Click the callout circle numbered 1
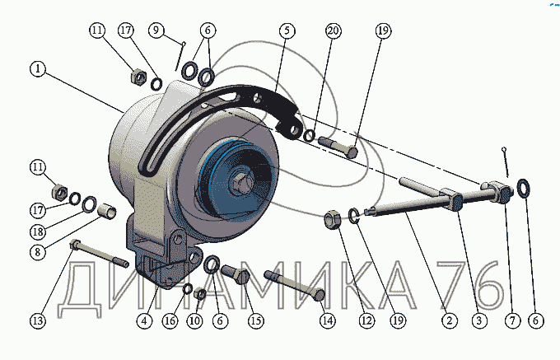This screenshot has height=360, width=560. [38, 68]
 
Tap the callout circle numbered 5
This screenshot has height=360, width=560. [287, 30]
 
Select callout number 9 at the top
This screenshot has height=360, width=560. [156, 30]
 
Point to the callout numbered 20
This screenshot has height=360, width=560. [334, 30]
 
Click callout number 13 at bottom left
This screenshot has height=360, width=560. [38, 320]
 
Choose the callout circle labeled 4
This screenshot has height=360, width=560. [144, 320]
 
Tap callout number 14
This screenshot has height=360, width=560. [328, 320]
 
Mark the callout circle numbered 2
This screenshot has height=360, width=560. [449, 320]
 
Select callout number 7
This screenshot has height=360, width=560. [512, 320]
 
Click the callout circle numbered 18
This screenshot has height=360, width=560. [38, 231]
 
